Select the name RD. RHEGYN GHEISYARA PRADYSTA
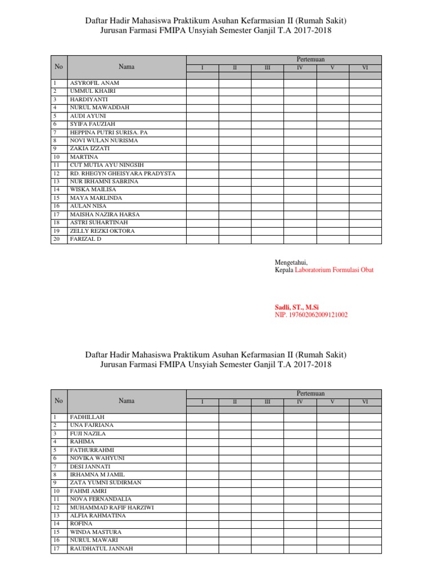[123, 173]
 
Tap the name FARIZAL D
[86, 239]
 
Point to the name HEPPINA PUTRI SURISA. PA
[109, 132]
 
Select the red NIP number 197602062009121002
[311, 315]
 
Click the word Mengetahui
[291, 262]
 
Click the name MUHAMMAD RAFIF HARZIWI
[112, 507]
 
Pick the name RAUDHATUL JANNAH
[101, 548]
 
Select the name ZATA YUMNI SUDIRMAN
[105, 483]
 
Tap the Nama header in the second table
[127, 400]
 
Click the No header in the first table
[58, 66]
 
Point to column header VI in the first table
[365, 68]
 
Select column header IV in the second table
[300, 402]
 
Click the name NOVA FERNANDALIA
[100, 499]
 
